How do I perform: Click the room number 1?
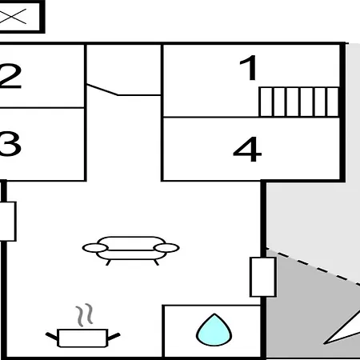point(250,68)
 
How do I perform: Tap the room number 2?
point(10,76)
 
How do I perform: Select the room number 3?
point(10,144)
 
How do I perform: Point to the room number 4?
point(247,150)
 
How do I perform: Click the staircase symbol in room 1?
point(298,102)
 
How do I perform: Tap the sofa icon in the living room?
point(130,250)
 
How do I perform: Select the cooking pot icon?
point(82,338)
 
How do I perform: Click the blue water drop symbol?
point(214,330)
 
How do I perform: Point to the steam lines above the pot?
point(85,315)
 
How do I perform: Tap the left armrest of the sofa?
point(95,248)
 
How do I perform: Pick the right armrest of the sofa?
point(166,248)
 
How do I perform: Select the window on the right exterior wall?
point(263,277)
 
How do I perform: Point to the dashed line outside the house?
point(314,266)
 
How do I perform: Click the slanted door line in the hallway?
point(102,90)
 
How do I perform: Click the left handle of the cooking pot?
point(52,336)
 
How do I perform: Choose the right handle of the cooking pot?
point(114,337)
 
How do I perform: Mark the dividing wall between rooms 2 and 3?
point(42,108)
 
